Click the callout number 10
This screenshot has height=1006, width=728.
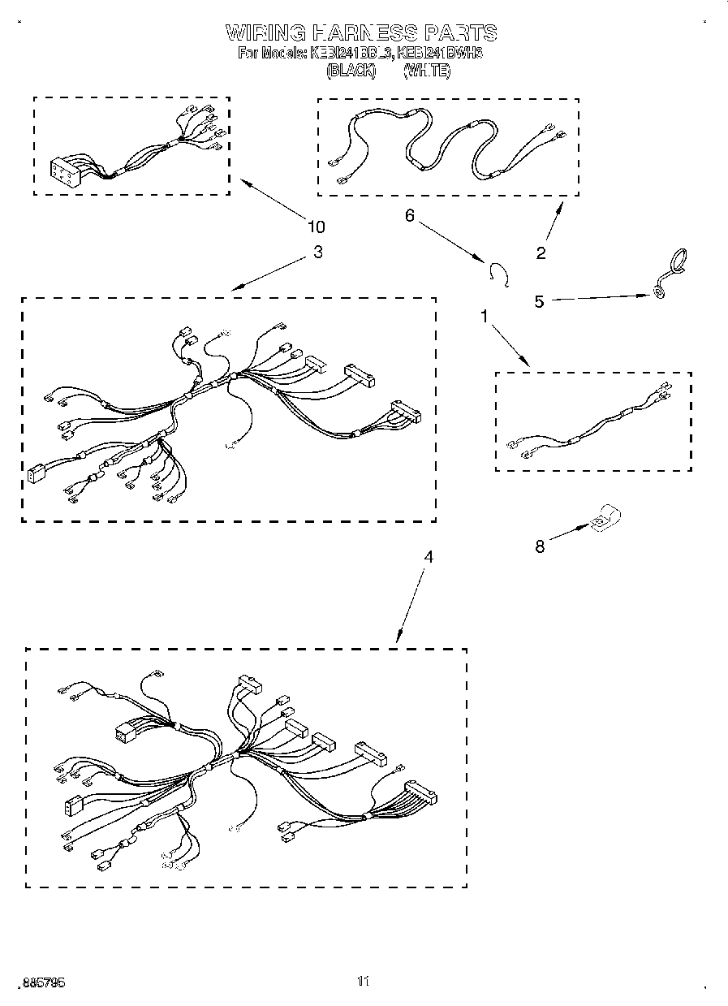(x=315, y=226)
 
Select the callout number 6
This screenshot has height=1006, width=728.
(x=409, y=215)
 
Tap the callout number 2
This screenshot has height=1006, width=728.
(x=541, y=253)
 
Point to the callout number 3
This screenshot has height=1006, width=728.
(x=317, y=252)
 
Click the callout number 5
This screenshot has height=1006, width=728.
(x=539, y=301)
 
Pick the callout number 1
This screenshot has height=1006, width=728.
(x=485, y=317)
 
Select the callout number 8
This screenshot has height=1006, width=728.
(x=540, y=546)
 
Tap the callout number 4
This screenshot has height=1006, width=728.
(x=429, y=557)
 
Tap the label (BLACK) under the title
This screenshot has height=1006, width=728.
(x=351, y=71)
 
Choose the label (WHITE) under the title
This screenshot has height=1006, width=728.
(x=426, y=71)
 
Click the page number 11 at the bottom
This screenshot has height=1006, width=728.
(x=363, y=982)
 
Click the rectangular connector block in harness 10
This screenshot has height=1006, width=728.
(x=64, y=171)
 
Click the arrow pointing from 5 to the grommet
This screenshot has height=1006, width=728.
(x=601, y=298)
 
